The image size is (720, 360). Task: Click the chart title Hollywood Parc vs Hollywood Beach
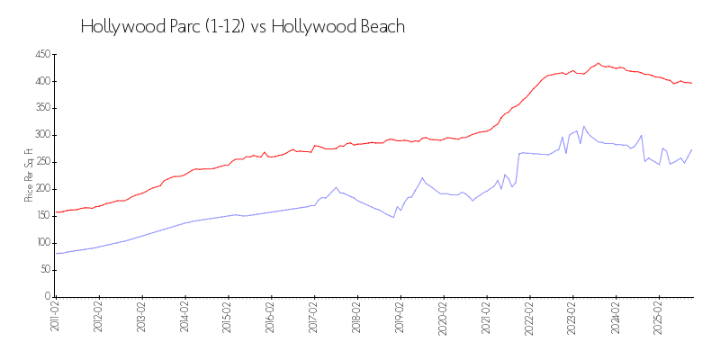[x=243, y=27]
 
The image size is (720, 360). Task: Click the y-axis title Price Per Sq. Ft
[x=29, y=175]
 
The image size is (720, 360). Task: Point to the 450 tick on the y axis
[x=42, y=54]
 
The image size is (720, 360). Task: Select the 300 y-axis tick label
[x=42, y=135]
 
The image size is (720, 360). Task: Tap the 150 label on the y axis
[x=42, y=216]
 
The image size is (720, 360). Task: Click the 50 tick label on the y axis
[x=44, y=269]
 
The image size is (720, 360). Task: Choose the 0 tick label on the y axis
[x=47, y=296]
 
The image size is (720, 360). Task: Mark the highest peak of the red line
[x=598, y=63]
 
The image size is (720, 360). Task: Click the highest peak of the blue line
[x=583, y=126]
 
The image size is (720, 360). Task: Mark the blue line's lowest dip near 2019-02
[x=393, y=217]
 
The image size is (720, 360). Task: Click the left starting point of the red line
[x=56, y=212]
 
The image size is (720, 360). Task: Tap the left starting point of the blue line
[x=56, y=253]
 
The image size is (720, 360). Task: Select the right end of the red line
[x=691, y=84]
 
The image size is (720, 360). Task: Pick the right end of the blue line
[x=691, y=149]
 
